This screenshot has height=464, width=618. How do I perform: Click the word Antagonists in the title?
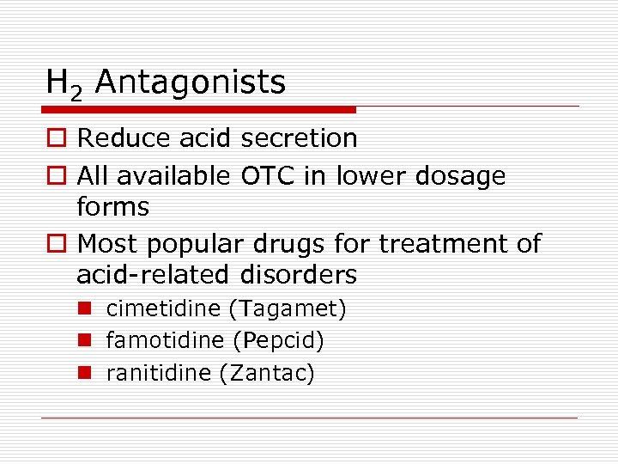191,82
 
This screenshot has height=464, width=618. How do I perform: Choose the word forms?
112,207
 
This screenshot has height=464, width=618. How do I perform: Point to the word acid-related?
148,276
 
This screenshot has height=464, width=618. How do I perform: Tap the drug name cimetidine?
152,308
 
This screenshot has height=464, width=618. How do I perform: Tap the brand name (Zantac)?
268,374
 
